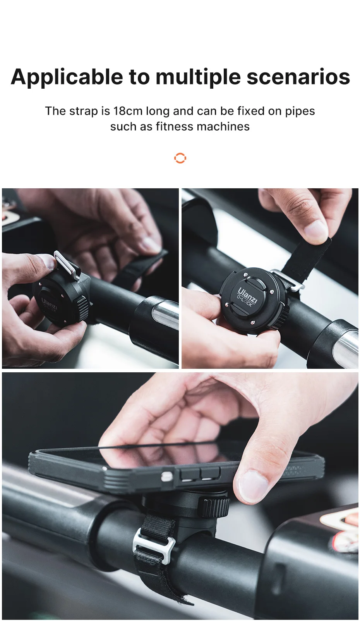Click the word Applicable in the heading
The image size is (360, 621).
67,77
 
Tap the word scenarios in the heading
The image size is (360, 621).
298,77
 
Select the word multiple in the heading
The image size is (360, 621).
198,77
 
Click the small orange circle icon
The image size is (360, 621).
180,158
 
